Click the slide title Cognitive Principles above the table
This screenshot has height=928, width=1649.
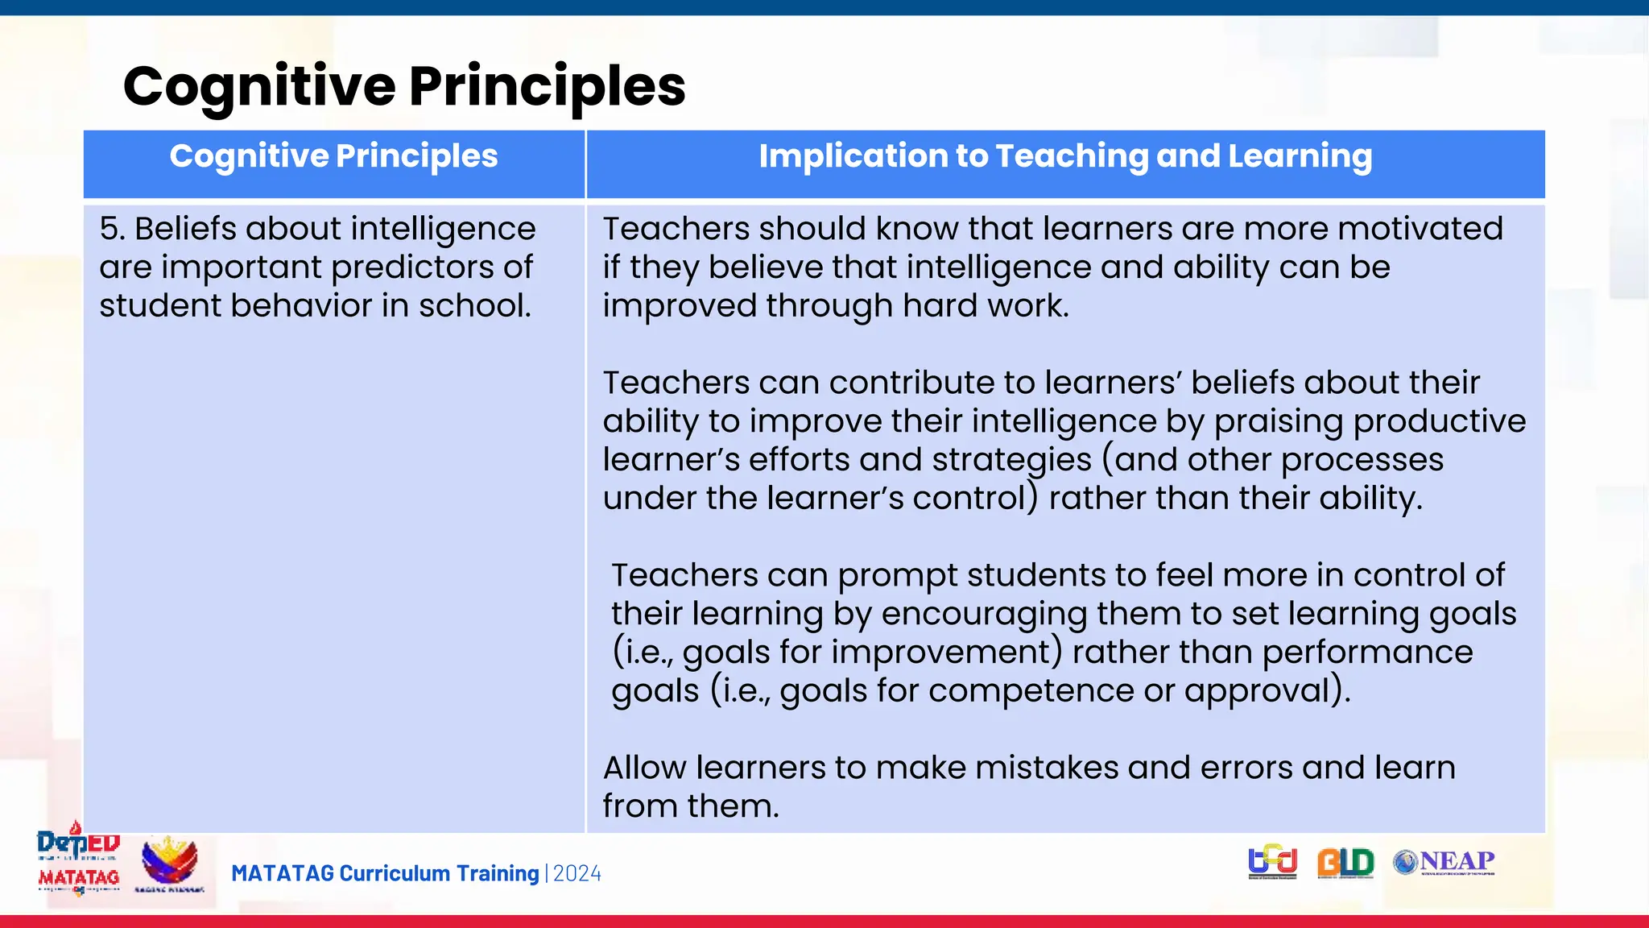(404, 85)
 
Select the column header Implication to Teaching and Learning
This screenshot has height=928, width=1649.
(1065, 156)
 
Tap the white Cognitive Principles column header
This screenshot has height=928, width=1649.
(333, 156)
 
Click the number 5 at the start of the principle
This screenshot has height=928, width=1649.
(109, 229)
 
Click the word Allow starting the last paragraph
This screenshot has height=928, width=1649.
(644, 768)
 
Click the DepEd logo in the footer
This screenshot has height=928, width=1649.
(78, 843)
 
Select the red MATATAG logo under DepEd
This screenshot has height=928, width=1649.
(78, 878)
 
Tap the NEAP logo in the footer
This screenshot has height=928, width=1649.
(1444, 862)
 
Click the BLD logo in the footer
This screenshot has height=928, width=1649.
(1345, 863)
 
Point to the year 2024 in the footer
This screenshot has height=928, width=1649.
(577, 874)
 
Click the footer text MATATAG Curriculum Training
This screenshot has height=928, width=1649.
(385, 874)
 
